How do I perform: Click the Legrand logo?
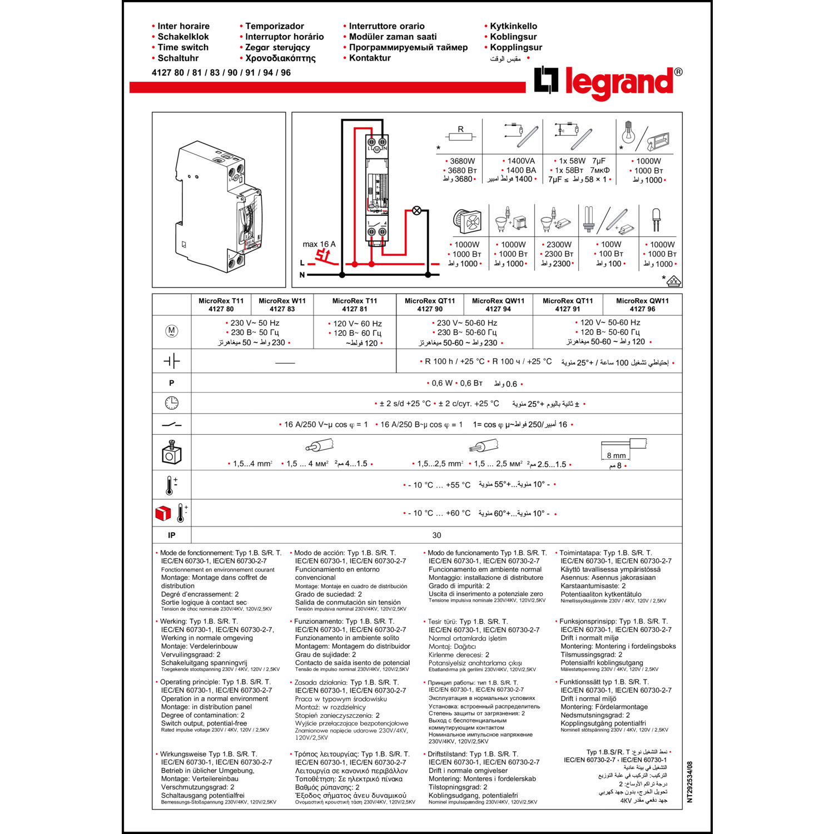(608, 83)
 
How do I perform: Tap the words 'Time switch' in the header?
(183, 47)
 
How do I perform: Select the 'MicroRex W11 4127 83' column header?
(282, 305)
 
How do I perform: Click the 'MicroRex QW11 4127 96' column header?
(642, 305)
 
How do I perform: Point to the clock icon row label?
(171, 403)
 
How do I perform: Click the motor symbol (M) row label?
(171, 331)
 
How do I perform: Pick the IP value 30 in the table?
(436, 535)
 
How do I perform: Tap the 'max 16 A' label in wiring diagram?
(319, 244)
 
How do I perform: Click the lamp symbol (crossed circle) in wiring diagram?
(416, 211)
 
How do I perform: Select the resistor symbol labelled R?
(460, 135)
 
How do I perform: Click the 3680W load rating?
(462, 161)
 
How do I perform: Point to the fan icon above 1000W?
(467, 222)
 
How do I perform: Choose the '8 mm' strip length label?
(616, 455)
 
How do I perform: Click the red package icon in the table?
(163, 513)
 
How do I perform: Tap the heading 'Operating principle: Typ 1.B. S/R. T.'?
(215, 682)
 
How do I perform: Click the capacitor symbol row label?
(171, 361)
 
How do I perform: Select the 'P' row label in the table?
(171, 383)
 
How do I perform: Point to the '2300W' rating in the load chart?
(558, 245)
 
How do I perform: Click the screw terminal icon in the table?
(171, 453)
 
